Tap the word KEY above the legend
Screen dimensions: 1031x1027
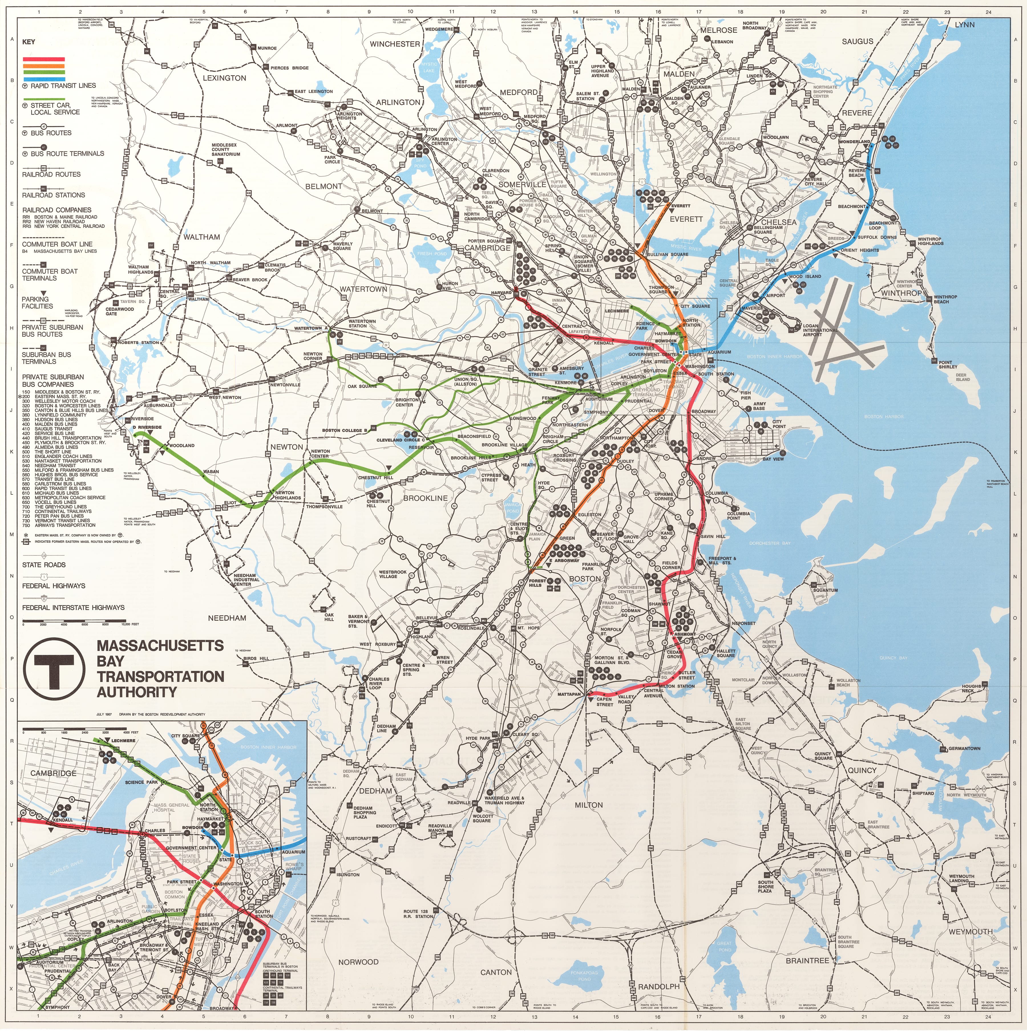point(29,42)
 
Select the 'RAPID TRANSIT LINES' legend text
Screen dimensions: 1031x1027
point(63,85)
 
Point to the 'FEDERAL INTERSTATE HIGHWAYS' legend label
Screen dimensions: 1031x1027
point(73,607)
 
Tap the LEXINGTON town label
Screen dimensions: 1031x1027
point(224,78)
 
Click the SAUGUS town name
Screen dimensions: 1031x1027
point(858,41)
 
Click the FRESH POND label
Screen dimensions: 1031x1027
point(432,253)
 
